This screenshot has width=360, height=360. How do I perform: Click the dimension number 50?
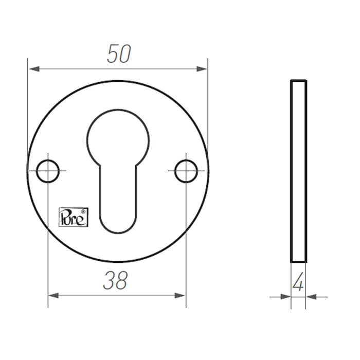click(119, 54)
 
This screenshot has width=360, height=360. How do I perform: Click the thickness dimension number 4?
click(298, 283)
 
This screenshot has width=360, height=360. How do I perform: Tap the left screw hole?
click(48, 171)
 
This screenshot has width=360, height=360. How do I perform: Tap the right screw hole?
click(186, 171)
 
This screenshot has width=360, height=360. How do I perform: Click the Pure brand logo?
click(74, 216)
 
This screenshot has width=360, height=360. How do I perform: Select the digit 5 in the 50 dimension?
click(112, 54)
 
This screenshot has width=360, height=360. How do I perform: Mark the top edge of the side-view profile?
click(298, 81)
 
